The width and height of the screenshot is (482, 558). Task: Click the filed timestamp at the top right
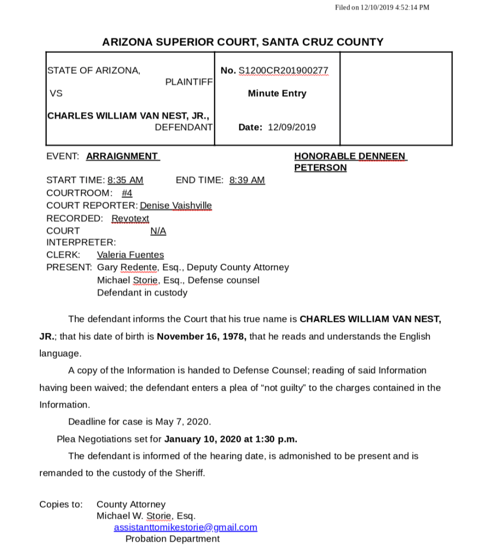[382, 7]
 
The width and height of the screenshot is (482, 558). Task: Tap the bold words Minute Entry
[277, 93]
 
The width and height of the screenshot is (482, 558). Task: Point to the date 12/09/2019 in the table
[292, 127]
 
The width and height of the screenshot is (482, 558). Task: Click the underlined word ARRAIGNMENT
[122, 156]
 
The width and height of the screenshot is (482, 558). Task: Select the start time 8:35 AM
[125, 180]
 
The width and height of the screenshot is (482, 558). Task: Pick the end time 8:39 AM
[247, 180]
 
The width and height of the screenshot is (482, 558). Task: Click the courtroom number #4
[127, 193]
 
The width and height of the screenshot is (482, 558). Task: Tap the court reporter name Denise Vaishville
[175, 206]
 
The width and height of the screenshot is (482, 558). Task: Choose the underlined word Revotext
[130, 218]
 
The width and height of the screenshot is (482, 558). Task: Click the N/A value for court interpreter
[158, 231]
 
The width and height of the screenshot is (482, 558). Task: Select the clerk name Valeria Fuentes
[130, 255]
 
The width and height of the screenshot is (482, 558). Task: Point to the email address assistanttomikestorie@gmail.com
[185, 527]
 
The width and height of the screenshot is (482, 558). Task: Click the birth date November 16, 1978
[202, 336]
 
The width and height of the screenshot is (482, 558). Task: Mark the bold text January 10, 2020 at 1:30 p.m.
[230, 439]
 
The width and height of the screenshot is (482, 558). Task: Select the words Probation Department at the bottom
[172, 539]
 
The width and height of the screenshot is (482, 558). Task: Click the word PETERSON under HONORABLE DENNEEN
[320, 167]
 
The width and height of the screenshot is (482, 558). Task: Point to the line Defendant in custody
[142, 293]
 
